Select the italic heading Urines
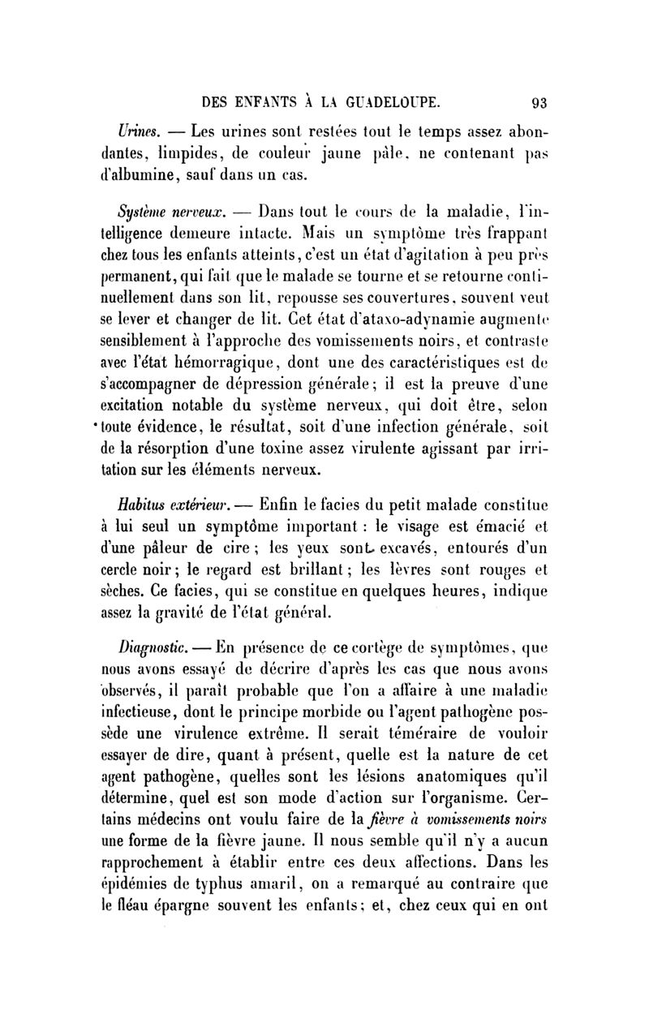pyautogui.click(x=139, y=131)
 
